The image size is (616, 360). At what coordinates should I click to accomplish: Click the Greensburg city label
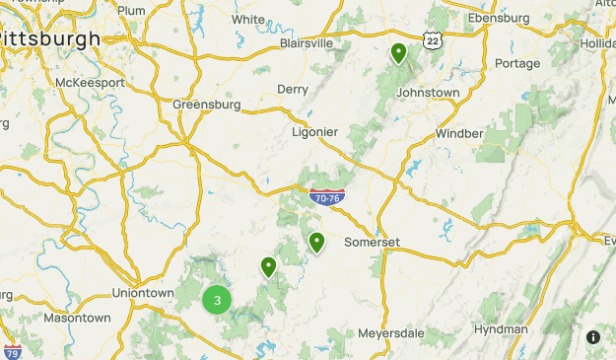tap(206, 104)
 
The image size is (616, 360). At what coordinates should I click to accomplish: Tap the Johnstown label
tap(428, 92)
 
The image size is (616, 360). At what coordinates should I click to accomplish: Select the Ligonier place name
tap(315, 131)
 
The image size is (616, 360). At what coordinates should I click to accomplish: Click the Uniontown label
tap(143, 293)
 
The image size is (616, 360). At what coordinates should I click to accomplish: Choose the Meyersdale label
tap(391, 333)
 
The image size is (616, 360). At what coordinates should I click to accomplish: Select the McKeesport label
tap(91, 83)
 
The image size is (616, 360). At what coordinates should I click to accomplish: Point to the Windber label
tap(459, 133)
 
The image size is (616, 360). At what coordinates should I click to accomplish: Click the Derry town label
tap(293, 89)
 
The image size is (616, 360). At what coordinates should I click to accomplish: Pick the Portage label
tap(517, 63)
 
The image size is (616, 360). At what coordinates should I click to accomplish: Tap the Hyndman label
tap(501, 329)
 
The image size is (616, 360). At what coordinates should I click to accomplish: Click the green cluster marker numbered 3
tap(217, 301)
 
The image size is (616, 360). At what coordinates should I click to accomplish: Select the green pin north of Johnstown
tap(398, 53)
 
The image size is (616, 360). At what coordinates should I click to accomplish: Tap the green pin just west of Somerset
tap(316, 242)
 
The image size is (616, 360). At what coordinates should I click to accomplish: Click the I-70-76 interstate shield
tap(325, 197)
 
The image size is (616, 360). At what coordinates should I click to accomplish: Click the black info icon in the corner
tap(593, 337)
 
